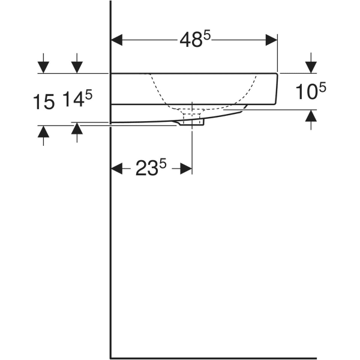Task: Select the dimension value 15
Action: tap(43, 101)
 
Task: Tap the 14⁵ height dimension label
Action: tap(77, 100)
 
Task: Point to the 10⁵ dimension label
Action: tap(311, 92)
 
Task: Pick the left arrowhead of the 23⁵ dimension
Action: tap(118, 169)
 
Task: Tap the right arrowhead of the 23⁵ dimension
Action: tap(187, 169)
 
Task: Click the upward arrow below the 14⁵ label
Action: tap(77, 128)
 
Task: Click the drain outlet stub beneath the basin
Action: tap(192, 122)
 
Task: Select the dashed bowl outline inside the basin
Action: tap(162, 96)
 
